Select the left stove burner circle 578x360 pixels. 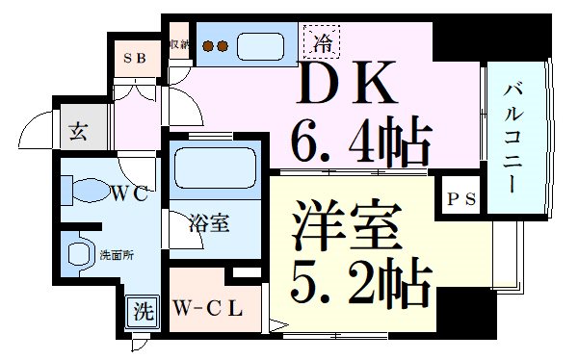point(205,45)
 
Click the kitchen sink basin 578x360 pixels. point(258,44)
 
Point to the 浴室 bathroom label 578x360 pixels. point(208,224)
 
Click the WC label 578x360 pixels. point(127,193)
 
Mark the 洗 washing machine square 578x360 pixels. point(143,313)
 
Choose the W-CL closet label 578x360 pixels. point(207,310)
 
